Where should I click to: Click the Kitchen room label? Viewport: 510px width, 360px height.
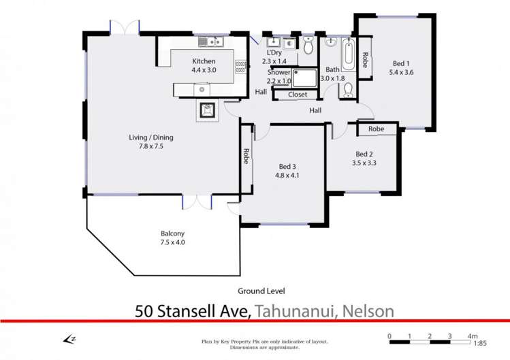click(204, 61)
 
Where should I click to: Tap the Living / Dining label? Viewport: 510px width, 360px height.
click(151, 137)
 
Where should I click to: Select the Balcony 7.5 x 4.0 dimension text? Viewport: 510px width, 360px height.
click(172, 242)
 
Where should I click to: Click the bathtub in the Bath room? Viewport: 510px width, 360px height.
click(349, 54)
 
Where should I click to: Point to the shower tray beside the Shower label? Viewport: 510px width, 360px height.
click(304, 78)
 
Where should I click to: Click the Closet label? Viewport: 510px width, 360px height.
click(298, 95)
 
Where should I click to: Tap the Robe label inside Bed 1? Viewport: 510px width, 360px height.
click(365, 60)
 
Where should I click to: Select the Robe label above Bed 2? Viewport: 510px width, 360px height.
click(377, 129)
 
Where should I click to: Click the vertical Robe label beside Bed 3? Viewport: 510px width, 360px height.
click(246, 156)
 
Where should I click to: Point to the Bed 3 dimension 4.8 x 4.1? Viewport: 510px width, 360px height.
click(287, 176)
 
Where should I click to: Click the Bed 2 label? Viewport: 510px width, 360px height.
click(364, 154)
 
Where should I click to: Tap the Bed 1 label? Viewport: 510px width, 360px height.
click(401, 64)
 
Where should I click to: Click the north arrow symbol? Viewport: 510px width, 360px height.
click(69, 340)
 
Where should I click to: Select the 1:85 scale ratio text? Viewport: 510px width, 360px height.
click(480, 343)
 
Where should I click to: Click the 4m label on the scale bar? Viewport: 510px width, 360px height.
click(473, 336)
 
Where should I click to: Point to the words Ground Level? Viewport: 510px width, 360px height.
click(261, 291)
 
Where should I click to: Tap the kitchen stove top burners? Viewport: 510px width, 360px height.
click(240, 67)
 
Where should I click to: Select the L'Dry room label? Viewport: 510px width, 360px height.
click(274, 52)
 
